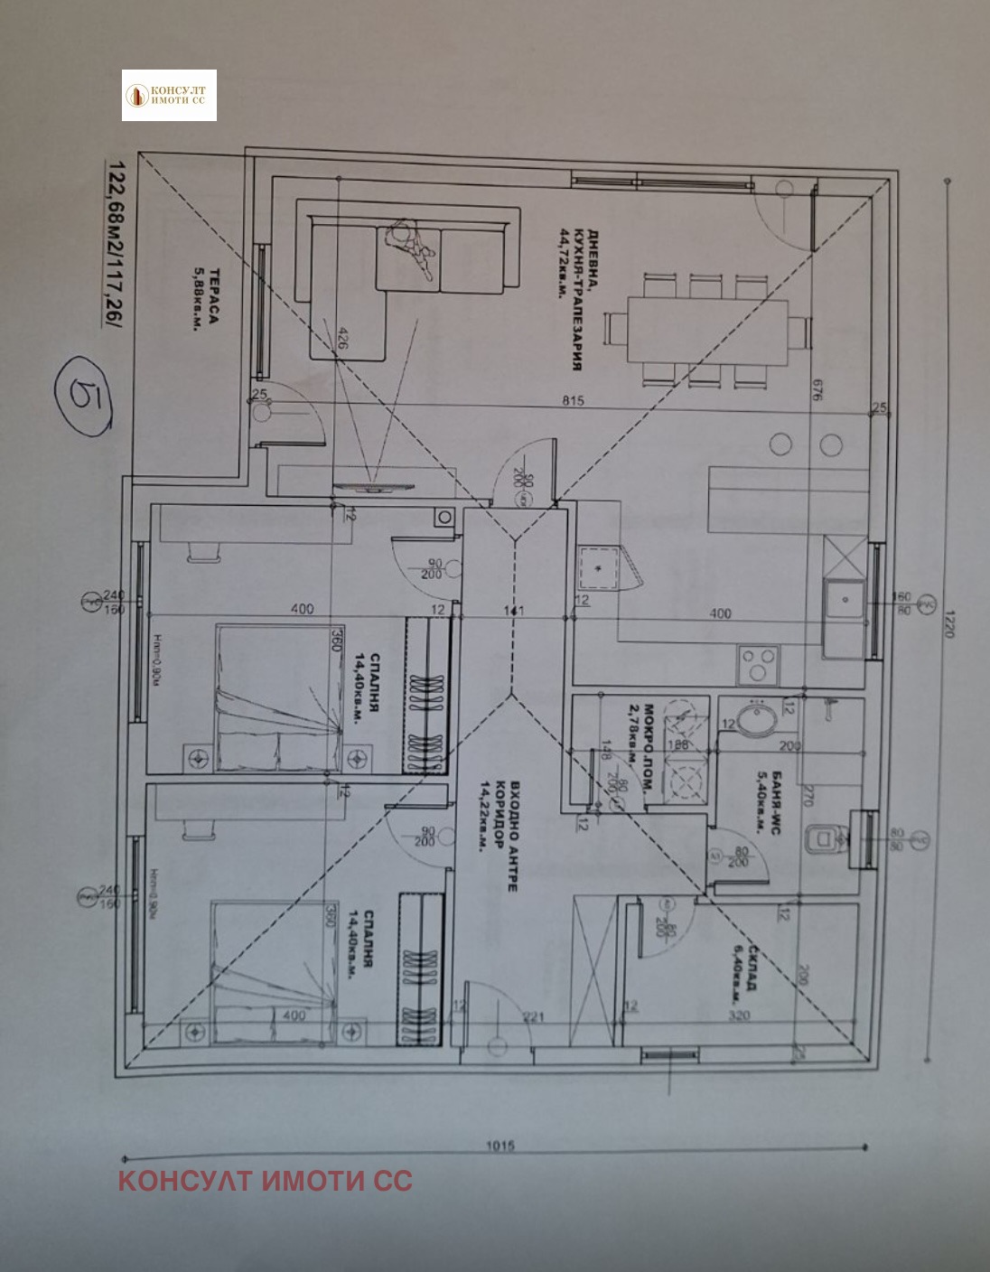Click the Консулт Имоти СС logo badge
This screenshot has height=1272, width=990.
tap(169, 95)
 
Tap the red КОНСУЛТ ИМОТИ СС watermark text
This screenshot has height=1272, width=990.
tap(265, 1180)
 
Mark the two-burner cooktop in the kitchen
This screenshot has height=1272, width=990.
tap(757, 666)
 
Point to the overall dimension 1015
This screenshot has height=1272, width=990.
tap(500, 1146)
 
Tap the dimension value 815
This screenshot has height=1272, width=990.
tap(573, 400)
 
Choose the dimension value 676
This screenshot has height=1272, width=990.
tap(816, 389)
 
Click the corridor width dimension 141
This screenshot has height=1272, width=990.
tap(513, 611)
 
